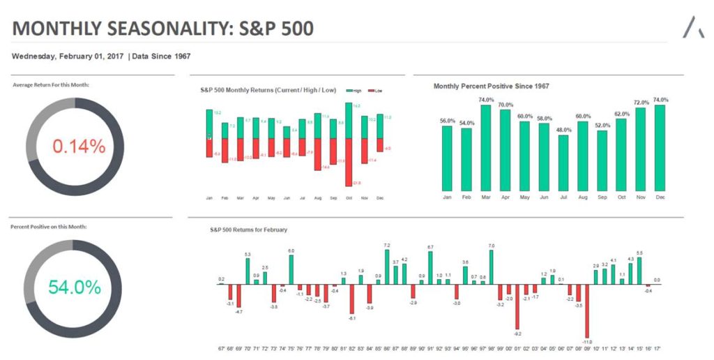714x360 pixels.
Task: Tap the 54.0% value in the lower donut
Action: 75,287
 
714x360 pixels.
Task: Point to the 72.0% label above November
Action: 640,103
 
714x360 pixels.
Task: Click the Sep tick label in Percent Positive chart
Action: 602,197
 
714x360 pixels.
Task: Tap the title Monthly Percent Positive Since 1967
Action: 491,86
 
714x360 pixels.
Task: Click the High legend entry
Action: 354,91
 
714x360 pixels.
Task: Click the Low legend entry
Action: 377,91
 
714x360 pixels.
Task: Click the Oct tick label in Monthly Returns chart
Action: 348,198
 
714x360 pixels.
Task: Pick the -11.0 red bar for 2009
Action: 587,310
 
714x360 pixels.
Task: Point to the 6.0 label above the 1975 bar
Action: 291,250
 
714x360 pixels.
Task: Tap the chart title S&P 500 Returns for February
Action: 249,230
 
